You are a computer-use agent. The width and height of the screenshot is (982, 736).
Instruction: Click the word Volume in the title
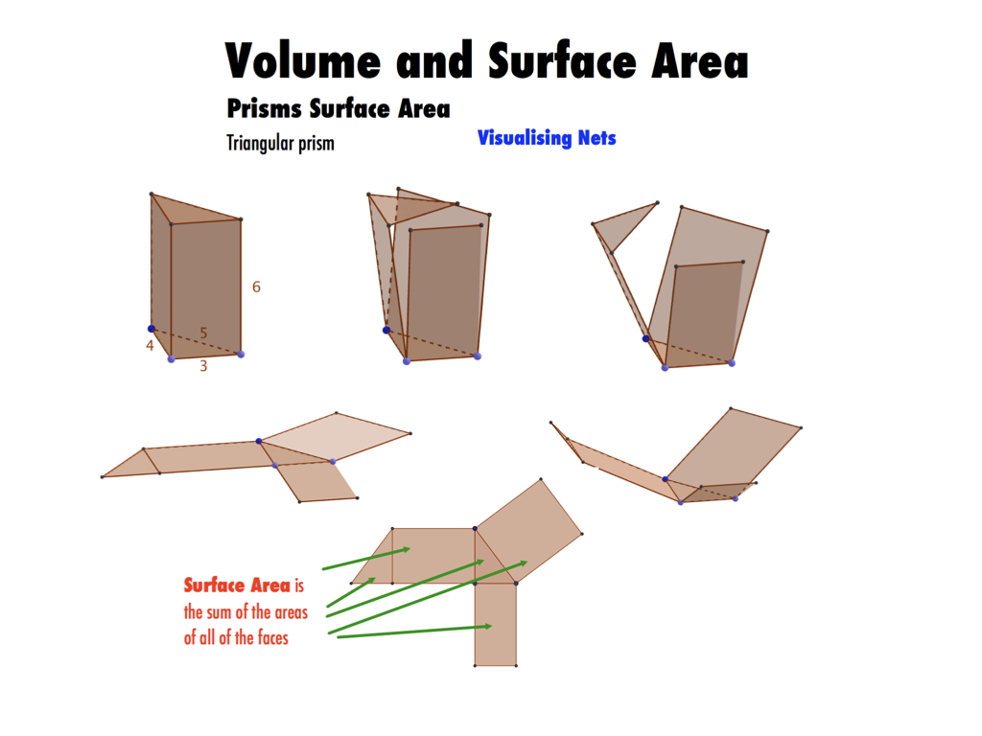click(303, 60)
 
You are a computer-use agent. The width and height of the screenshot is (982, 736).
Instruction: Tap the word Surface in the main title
click(562, 60)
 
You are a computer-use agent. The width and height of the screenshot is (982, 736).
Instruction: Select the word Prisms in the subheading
click(265, 108)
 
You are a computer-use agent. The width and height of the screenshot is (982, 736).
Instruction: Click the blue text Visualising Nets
click(547, 138)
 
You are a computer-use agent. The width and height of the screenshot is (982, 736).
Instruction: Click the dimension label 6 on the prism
click(256, 287)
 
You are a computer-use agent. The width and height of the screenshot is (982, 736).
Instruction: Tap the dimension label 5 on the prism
click(203, 333)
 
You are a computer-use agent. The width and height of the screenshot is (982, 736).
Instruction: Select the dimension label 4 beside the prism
click(150, 345)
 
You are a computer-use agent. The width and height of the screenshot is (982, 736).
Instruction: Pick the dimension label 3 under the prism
click(203, 366)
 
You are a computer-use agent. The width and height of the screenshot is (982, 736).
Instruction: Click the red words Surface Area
click(238, 586)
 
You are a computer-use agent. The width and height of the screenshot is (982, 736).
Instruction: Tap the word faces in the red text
click(273, 637)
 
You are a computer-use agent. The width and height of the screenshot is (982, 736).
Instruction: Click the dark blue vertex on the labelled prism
click(151, 329)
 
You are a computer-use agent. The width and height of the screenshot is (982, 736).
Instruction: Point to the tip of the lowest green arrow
click(492, 626)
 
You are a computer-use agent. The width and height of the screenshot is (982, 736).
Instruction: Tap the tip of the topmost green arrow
click(410, 549)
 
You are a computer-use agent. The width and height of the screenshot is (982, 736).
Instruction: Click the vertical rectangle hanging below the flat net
click(496, 624)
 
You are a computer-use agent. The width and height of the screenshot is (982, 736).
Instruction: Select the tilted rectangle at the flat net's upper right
click(529, 531)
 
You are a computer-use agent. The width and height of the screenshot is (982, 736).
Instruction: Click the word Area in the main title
click(700, 60)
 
